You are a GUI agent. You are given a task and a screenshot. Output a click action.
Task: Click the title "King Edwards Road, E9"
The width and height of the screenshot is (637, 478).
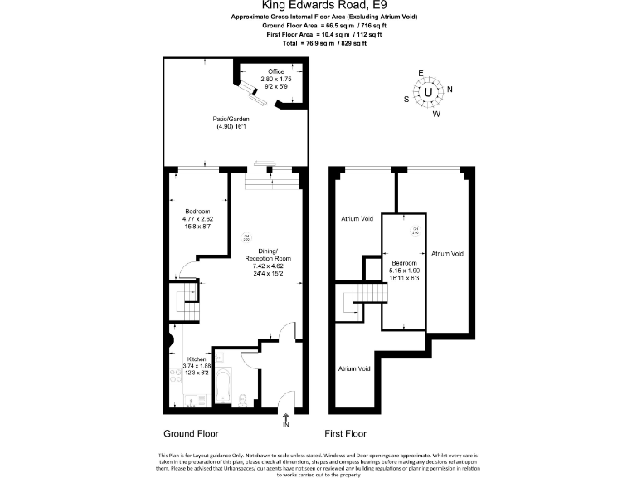[318, 7]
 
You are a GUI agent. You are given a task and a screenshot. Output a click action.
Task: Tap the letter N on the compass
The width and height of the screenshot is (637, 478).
[450, 90]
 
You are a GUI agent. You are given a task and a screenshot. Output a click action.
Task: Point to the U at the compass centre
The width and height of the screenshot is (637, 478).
[428, 93]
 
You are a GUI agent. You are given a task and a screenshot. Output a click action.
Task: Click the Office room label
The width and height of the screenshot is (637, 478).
[275, 71]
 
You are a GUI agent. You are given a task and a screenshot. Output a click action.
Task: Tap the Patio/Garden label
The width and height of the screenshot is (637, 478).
[231, 119]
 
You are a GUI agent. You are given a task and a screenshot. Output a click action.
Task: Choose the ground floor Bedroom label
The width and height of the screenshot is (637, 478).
[197, 211]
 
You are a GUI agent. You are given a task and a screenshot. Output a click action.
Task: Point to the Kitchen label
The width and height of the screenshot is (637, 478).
[197, 358]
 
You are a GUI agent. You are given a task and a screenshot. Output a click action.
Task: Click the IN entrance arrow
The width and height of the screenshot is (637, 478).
[286, 419]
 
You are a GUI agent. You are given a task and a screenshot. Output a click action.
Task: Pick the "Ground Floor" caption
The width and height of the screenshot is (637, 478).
[190, 434]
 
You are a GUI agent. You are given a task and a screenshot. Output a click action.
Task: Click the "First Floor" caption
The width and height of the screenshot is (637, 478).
[345, 434]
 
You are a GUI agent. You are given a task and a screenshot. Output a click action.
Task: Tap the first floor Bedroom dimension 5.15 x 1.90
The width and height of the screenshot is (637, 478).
[405, 271]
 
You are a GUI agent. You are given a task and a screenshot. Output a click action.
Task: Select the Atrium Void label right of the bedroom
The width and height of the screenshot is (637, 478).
[446, 254]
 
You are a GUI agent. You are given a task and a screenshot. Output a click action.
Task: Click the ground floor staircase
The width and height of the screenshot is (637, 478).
[184, 303]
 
